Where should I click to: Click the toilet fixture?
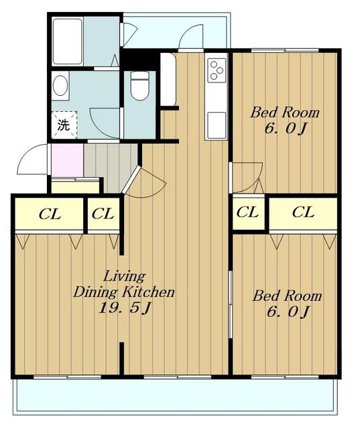(139, 85)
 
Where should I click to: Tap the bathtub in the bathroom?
(67, 42)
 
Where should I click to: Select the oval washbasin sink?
(60, 86)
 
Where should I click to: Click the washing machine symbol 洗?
(64, 125)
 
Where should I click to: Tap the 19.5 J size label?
(124, 309)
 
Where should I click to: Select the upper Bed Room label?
(285, 113)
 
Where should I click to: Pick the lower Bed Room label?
(287, 296)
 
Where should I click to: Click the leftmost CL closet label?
(50, 214)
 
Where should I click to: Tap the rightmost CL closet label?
(303, 212)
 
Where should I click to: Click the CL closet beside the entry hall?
(103, 214)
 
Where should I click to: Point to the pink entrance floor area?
(67, 160)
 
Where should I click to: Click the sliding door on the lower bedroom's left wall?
(231, 304)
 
